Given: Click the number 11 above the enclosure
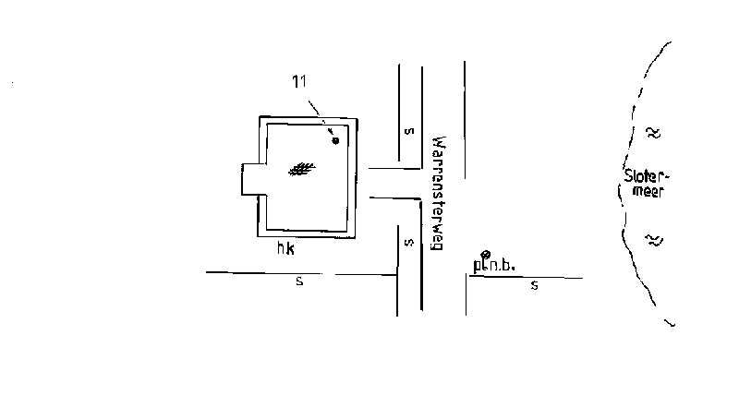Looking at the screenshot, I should pos(299,82).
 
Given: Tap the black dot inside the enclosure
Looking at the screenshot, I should pos(335,140).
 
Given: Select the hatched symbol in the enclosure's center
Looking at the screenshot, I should pos(301,169).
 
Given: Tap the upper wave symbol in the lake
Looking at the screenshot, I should pos(653,132).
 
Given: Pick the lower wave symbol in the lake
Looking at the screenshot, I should pos(653,240).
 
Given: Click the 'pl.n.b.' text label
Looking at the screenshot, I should pos(494,266).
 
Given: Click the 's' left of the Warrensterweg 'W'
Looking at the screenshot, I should pos(407,130).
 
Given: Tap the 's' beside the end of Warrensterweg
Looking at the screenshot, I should pos(407,243).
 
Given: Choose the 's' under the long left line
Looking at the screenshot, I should pos(299,281).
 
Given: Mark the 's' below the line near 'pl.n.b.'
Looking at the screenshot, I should pos(534,286).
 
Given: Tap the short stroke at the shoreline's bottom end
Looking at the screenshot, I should pos(671,323).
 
